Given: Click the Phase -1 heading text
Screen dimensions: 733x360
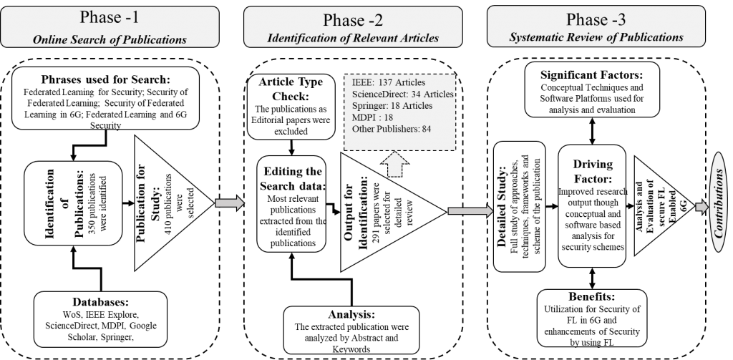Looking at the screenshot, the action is pos(110,17).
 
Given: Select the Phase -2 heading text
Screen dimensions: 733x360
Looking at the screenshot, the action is pos(353,20).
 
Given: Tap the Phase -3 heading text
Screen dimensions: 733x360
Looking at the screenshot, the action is pos(596,19).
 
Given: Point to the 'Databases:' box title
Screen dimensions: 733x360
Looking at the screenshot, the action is pos(100,301).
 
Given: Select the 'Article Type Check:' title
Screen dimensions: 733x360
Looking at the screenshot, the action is pos(291,88).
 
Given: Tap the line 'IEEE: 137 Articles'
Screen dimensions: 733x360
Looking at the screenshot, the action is pos(389,83).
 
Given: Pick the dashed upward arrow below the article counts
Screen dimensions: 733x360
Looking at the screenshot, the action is pos(396,165).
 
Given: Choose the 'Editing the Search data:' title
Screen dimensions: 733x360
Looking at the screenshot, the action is pos(291,179).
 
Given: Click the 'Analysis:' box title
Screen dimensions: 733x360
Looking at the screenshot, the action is pos(351,314).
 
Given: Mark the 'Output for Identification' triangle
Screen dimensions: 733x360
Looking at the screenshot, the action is pos(393,212).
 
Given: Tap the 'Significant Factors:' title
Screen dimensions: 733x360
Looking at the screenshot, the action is pos(592,75).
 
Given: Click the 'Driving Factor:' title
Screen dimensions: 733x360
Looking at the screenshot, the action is pos(593,170).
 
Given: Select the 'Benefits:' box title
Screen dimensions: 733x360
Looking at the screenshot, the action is pos(592,297).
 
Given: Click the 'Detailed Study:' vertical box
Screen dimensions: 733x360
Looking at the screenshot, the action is pos(520,207).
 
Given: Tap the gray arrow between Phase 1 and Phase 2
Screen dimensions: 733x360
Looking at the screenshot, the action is pos(230,203).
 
